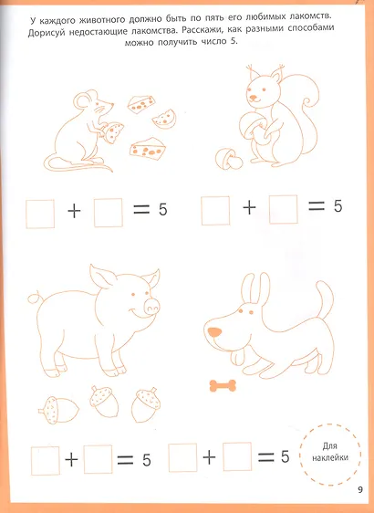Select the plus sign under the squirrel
(x=249, y=207)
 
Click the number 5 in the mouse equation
(x=163, y=211)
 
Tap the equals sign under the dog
(x=266, y=456)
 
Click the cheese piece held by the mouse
(x=111, y=133)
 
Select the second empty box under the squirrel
(x=285, y=209)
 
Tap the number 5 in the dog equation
(x=285, y=456)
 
